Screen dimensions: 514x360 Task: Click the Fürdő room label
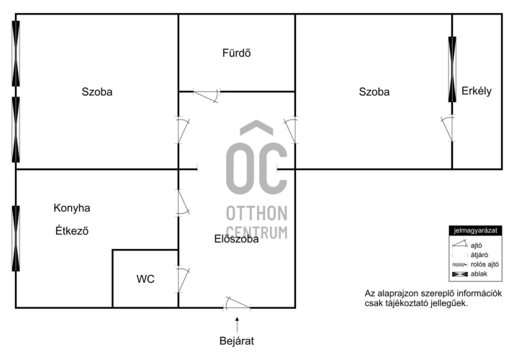tap(236, 53)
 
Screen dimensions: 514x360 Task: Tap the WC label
tap(145, 279)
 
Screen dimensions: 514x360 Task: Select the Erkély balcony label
tap(477, 91)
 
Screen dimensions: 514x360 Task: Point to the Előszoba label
tap(236, 239)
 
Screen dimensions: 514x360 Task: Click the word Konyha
tap(72, 208)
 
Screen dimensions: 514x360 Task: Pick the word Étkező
tap(72, 231)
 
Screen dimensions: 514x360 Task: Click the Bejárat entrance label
tap(237, 341)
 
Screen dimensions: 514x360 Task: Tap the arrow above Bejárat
tap(237, 325)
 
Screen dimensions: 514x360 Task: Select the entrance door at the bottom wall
tap(237, 303)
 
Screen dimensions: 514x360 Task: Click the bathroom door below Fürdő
tap(207, 95)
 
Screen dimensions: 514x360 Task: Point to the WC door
tap(182, 279)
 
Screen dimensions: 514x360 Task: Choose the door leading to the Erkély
tap(448, 129)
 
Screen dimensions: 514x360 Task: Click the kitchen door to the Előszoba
tap(183, 203)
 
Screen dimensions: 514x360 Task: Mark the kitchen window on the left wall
tap(16, 239)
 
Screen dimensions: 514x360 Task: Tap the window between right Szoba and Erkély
tap(452, 69)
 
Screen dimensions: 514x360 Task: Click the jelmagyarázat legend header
tap(475, 230)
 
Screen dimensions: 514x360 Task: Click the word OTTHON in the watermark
tap(257, 213)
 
